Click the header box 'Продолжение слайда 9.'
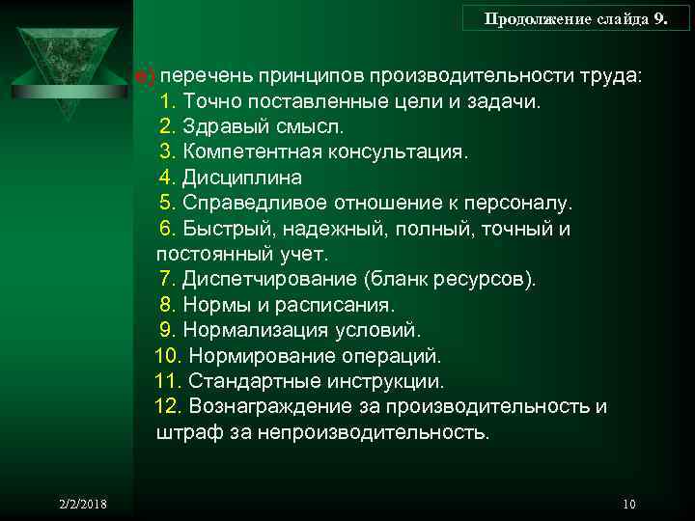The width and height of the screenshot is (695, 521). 575,17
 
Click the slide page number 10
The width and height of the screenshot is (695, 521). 629,505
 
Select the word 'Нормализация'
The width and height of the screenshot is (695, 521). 248,331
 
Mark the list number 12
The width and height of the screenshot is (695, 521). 167,406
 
